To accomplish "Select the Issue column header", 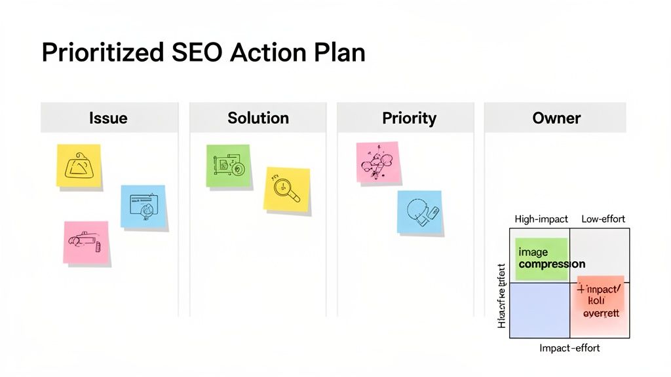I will pos(108,118).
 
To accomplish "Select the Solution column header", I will pos(258,118).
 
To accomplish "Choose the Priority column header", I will pos(409,118).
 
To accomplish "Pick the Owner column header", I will pos(556,118).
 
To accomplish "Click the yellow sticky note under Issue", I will pos(79,166).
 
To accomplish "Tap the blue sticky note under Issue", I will pos(143,206).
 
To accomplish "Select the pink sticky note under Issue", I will pos(86,242).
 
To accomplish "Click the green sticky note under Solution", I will pos(229,166).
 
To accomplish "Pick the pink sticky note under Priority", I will pos(377,162).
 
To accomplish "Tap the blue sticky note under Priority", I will pos(419,212).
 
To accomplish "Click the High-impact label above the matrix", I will pos(541,219).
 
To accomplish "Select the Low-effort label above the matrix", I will pos(603,219).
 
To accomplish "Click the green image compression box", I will pos(542,257).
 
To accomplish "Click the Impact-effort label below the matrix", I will pos(569,348).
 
